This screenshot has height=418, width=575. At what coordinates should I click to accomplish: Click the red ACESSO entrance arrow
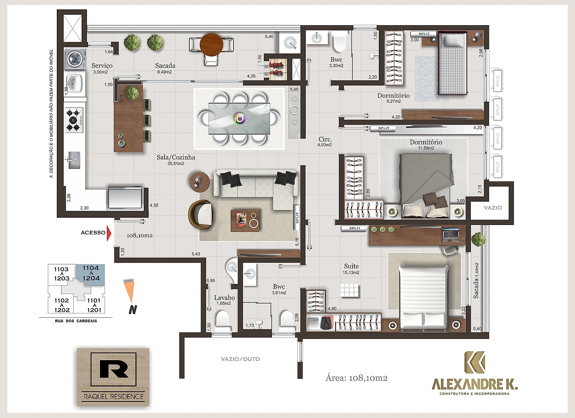[109, 233]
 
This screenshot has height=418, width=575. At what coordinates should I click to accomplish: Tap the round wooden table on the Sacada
[211, 45]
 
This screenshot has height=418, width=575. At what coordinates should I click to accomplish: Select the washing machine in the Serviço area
[74, 59]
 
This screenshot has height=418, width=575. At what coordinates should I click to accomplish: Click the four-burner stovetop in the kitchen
[74, 120]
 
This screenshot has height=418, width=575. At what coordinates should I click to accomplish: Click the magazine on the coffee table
[241, 220]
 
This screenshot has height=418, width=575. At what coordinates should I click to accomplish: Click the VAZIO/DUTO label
[240, 359]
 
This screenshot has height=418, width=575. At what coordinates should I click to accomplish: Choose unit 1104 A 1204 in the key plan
[91, 273]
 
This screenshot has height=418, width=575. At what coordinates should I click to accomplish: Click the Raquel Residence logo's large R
[113, 369]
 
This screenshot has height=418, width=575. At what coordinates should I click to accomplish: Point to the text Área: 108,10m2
[356, 378]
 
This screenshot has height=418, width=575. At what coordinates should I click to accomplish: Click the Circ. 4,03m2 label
[325, 142]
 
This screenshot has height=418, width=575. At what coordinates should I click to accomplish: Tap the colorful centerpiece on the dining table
[240, 119]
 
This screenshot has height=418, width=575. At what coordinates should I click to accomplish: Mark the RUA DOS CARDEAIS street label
[76, 321]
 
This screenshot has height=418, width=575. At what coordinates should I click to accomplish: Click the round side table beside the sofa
[199, 182]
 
